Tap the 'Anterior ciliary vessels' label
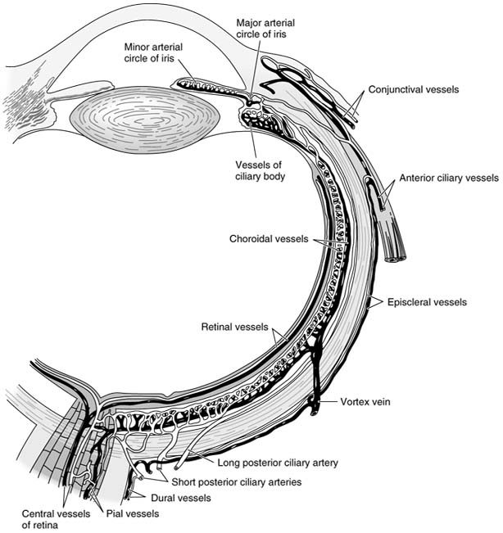click(x=448, y=178)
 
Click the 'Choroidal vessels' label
click(x=269, y=240)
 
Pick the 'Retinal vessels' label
click(x=234, y=327)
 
